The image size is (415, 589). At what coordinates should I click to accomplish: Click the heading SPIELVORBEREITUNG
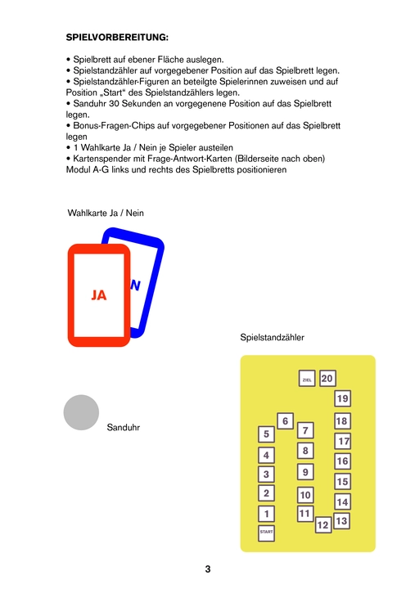(117, 38)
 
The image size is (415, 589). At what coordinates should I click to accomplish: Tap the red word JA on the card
(99, 295)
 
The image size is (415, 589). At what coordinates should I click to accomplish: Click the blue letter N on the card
(135, 286)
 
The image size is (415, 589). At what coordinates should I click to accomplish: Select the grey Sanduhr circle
(81, 412)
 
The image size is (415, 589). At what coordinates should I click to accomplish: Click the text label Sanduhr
(124, 428)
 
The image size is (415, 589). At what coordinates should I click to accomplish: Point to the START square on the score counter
(266, 533)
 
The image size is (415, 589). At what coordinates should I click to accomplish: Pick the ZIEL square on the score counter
(307, 380)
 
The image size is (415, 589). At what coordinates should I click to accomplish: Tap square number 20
(327, 378)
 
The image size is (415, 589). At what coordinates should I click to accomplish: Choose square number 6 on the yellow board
(286, 421)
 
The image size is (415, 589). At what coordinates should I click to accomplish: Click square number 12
(323, 524)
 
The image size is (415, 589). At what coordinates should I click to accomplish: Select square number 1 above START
(267, 514)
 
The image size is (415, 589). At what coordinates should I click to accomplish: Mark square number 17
(342, 441)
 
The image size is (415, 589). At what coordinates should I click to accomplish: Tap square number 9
(305, 472)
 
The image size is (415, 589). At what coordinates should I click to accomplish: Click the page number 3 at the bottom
(208, 569)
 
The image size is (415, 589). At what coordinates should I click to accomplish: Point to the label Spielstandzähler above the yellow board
(272, 337)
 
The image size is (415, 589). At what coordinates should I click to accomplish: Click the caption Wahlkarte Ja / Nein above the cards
(106, 213)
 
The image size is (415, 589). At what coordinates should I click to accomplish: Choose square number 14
(342, 501)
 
